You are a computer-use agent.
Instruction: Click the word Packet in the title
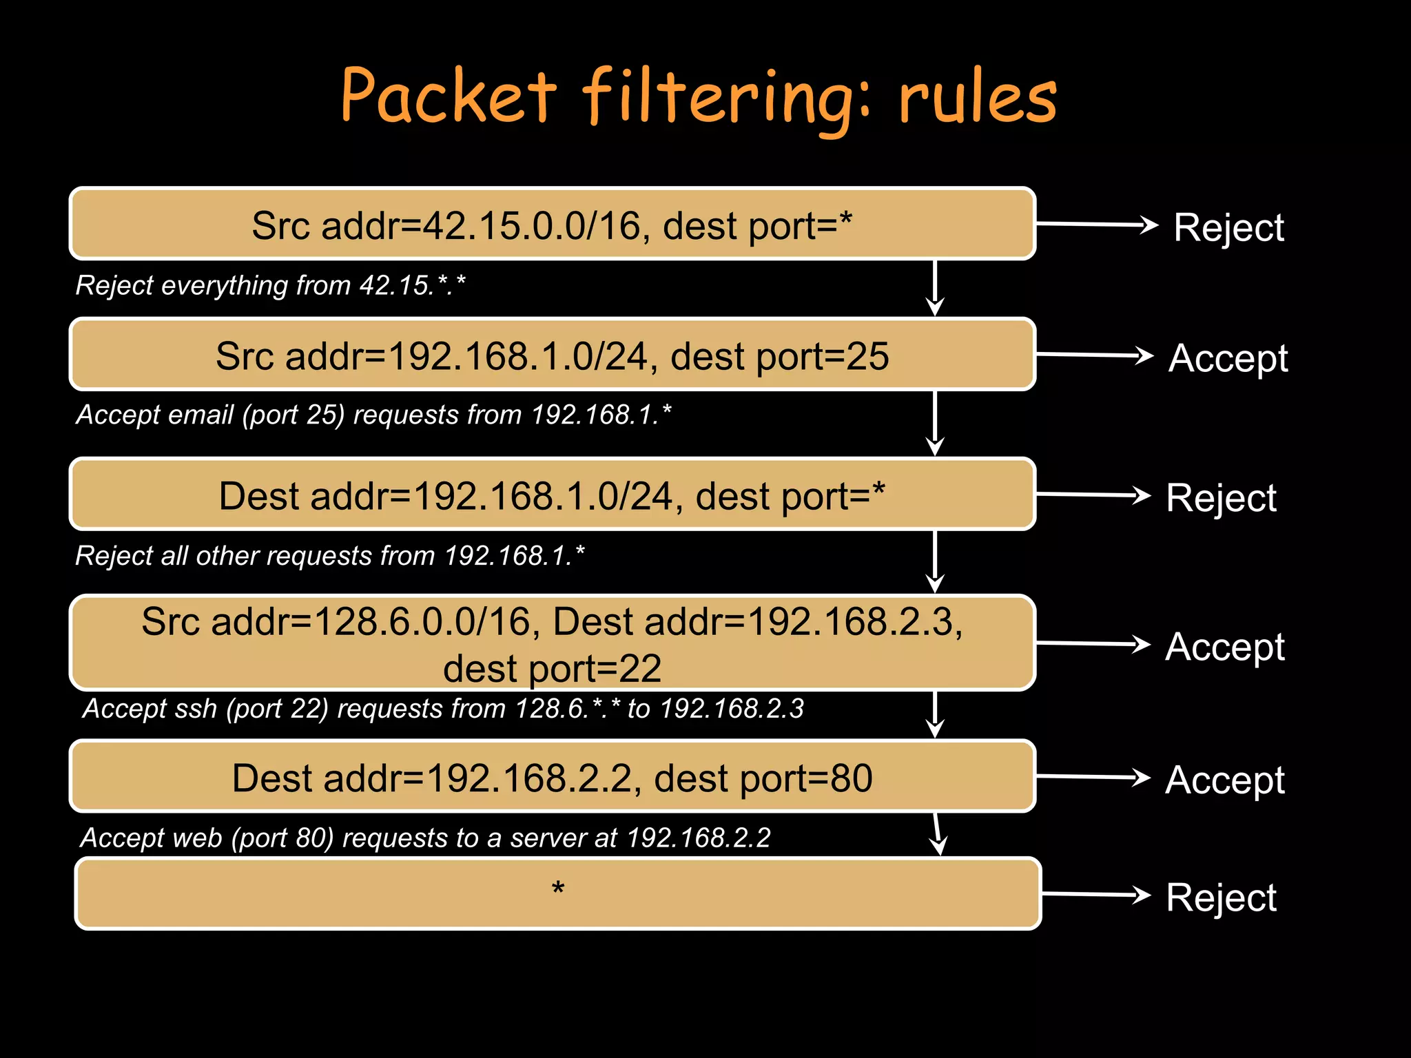pos(448,96)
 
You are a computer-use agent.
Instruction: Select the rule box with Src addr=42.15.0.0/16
pos(552,225)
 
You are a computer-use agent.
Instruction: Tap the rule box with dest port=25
pos(552,355)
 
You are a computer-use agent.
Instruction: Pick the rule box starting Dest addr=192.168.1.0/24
pos(552,495)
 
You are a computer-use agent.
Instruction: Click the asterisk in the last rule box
pos(558,889)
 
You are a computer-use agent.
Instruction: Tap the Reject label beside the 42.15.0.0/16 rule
pos(1228,227)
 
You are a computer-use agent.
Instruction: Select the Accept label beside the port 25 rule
pos(1228,358)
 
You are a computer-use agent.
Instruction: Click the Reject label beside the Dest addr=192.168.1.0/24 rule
pos(1221,498)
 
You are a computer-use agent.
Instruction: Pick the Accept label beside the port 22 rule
pos(1225,647)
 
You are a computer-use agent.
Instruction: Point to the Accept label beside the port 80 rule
pos(1225,780)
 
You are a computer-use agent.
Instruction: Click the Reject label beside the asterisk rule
pos(1221,898)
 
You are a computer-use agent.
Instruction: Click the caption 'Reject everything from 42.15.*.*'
pos(270,285)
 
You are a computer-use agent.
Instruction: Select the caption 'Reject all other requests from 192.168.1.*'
pos(329,556)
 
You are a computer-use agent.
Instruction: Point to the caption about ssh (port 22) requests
pos(443,709)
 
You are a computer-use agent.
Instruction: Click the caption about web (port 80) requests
pos(425,838)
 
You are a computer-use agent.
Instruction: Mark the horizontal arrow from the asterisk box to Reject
pos(1095,895)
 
